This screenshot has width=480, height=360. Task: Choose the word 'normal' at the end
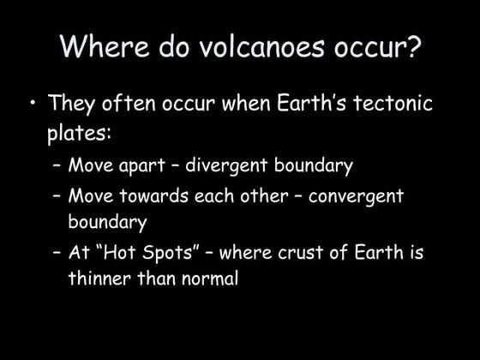click(206, 279)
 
